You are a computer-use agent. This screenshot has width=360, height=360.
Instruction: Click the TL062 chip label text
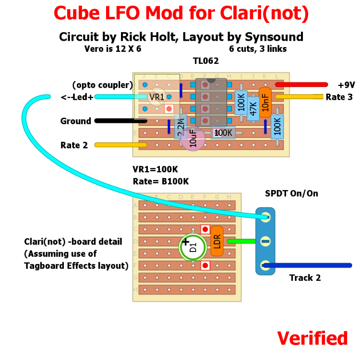point(206,61)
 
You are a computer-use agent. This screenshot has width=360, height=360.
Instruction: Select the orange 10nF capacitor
point(265,103)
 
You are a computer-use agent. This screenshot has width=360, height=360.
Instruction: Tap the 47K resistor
point(253,108)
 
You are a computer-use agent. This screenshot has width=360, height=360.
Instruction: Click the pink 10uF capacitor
point(193,139)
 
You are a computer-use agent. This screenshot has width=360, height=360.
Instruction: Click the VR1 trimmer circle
point(156,97)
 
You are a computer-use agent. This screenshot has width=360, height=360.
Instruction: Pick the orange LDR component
point(217,241)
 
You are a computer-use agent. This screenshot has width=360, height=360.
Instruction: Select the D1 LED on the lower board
point(193,247)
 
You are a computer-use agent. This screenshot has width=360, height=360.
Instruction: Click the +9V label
point(346,85)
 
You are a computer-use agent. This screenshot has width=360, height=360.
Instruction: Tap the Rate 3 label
point(339,97)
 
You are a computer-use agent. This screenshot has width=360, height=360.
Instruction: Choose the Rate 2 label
point(74,145)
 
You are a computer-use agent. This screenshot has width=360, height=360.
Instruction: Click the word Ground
point(75,121)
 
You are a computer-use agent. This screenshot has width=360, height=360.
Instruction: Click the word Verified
point(312,338)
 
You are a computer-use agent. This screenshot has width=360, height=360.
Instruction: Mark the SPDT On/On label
point(291,193)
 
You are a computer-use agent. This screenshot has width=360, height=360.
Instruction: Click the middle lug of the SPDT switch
point(265,241)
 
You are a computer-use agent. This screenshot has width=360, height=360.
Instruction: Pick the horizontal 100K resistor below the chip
point(223,133)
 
